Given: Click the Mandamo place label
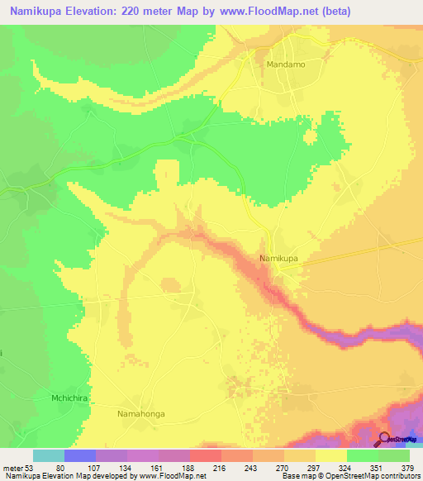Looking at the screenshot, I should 286,63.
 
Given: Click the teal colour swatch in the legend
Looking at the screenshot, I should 49,455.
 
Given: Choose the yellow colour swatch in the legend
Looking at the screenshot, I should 331,455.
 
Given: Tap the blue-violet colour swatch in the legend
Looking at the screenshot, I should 80,455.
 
